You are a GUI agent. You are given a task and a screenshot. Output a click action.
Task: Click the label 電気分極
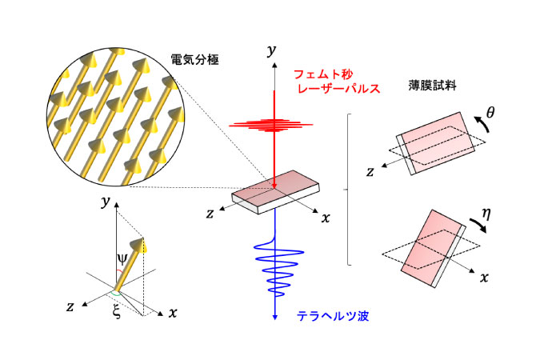195,59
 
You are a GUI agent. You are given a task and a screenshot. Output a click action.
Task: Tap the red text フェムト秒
323,74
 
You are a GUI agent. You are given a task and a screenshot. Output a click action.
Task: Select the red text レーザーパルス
338,89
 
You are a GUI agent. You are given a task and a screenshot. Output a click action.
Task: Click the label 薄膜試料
432,85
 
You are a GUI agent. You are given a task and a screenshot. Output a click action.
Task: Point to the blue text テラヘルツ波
333,315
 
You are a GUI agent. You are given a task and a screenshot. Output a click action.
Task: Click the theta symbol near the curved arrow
490,112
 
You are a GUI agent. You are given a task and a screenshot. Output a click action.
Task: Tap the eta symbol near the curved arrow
486,214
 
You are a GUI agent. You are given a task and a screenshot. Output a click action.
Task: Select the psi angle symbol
122,258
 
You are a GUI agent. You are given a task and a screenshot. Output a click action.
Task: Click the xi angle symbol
117,311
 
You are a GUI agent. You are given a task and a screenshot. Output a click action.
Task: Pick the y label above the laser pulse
272,50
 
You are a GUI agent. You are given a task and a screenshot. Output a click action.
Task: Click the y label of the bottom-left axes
106,202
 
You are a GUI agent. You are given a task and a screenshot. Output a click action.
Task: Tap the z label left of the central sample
210,214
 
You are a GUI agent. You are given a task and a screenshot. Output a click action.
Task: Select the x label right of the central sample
326,218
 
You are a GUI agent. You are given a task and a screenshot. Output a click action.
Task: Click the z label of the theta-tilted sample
370,171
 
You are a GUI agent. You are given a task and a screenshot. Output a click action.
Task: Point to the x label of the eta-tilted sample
484,278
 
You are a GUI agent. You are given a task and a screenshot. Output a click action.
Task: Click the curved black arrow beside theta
482,124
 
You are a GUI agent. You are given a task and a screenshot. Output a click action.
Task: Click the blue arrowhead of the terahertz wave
275,317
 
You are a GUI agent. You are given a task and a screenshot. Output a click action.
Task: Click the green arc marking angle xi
116,294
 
